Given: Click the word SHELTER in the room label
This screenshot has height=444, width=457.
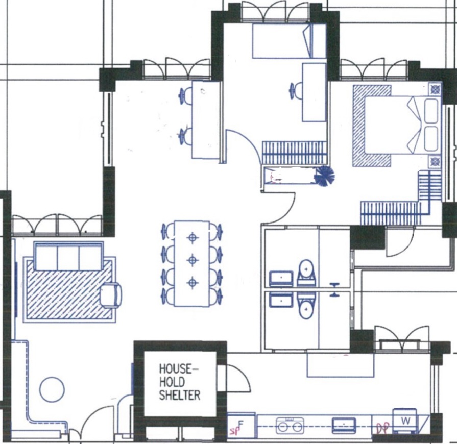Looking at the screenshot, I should pos(179,395).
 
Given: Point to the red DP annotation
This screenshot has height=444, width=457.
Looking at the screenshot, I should pos(382,428).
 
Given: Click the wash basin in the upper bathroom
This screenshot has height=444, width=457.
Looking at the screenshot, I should pos(281,278).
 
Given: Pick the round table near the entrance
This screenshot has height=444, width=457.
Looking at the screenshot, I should pos(52,389).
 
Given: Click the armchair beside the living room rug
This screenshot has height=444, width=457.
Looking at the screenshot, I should pos(111,295).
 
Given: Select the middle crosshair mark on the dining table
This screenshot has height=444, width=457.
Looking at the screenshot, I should pos(192,260).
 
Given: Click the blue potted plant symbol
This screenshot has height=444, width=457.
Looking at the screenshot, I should pos(324,176).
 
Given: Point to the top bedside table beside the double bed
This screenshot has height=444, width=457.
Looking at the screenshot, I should pos(435,89).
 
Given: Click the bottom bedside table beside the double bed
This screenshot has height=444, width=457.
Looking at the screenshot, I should pos(435,162).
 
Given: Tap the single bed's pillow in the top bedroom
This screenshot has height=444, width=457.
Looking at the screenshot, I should pos(308,41).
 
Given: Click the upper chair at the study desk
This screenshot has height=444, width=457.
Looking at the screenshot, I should pos(185,95).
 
